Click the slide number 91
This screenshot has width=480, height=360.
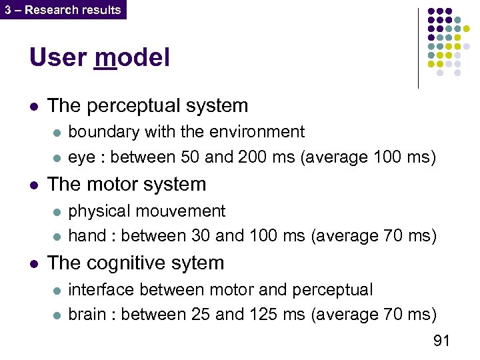point(441,341)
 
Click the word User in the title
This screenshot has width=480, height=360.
point(57,57)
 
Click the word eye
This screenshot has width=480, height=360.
point(82,158)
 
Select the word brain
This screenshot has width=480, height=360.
point(87,314)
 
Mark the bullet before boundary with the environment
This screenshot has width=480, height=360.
point(56,133)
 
